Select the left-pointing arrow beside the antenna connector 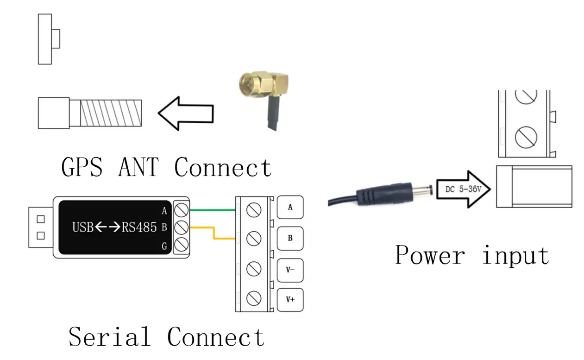pyautogui.click(x=186, y=113)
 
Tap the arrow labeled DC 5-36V pyautogui.click(x=463, y=189)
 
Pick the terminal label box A pyautogui.click(x=290, y=208)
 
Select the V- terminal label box pyautogui.click(x=290, y=270)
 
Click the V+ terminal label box pyautogui.click(x=290, y=300)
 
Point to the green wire pyautogui.click(x=213, y=210)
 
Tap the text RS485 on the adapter pyautogui.click(x=139, y=227)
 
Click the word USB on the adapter pyautogui.click(x=82, y=227)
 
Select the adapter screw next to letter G pyautogui.click(x=181, y=245)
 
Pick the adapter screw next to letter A pyautogui.click(x=181, y=210)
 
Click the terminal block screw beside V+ pyautogui.click(x=254, y=298)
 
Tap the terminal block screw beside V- pyautogui.click(x=254, y=269)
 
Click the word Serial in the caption pyautogui.click(x=110, y=337)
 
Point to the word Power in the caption pyautogui.click(x=430, y=255)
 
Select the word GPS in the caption pyautogui.click(x=82, y=167)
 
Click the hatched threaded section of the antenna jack pyautogui.click(x=111, y=113)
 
